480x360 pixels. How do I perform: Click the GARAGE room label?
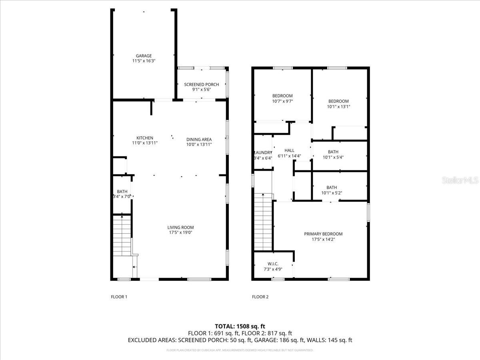[x=144, y=56]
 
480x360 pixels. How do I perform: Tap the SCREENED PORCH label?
[x=201, y=84]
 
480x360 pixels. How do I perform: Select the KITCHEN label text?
[x=145, y=138]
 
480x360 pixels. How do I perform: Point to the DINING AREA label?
[x=199, y=140]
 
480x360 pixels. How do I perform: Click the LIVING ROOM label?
[x=180, y=228]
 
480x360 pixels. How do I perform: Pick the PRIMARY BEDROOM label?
[x=323, y=234]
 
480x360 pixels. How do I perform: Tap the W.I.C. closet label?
[x=273, y=264]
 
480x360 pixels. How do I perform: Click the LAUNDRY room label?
[x=263, y=152]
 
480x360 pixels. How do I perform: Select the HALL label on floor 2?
[x=289, y=150]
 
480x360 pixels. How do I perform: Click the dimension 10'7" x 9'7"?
[x=282, y=101]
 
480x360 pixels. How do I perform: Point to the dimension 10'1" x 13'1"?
[x=338, y=107]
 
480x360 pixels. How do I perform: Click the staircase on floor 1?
[x=122, y=236]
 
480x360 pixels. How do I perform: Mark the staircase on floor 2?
[x=263, y=222]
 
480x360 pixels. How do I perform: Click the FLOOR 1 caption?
[x=119, y=297]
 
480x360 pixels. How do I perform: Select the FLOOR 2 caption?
[x=260, y=297]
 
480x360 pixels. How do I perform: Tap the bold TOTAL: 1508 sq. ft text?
[x=240, y=326]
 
